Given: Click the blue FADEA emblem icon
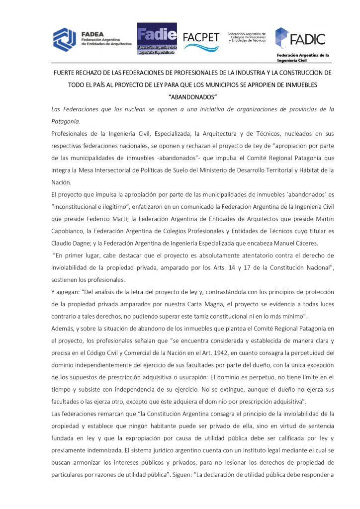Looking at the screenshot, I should [64, 39].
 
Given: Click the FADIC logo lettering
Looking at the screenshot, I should [308, 38].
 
